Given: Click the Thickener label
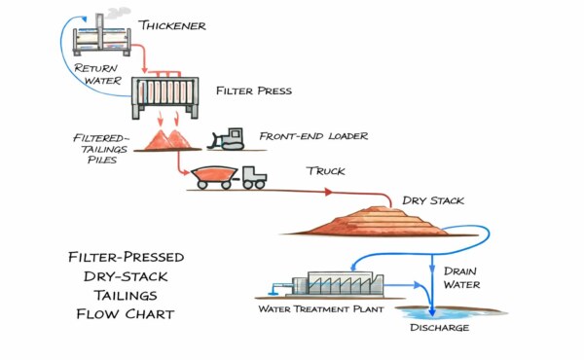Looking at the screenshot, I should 172,25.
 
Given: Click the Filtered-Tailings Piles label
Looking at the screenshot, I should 96,144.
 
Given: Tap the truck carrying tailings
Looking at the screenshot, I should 231,177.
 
